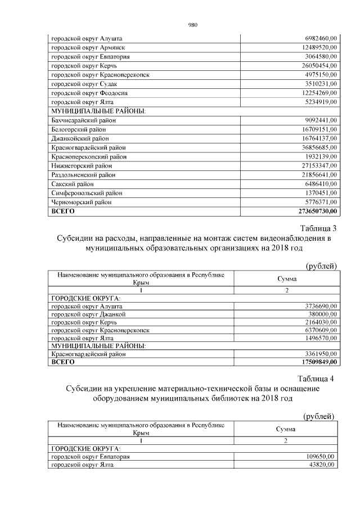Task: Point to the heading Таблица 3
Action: [318, 228]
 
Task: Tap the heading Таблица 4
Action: [318, 378]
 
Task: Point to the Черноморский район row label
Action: [82, 202]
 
